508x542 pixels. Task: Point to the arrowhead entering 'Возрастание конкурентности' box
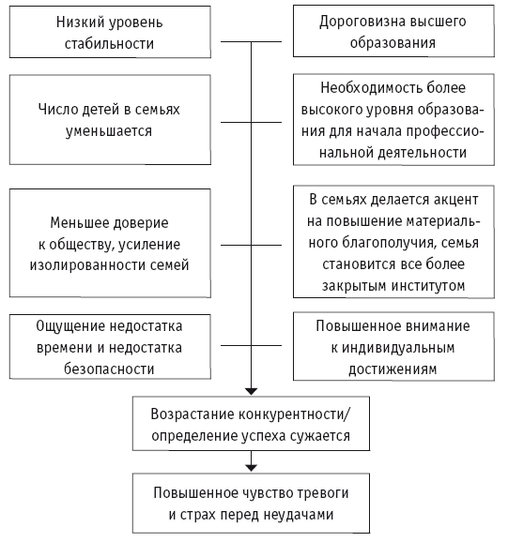(251, 392)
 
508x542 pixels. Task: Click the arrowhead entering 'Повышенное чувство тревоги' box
(251, 468)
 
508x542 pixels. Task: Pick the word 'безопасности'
(109, 369)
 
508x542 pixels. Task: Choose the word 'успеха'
(263, 436)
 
